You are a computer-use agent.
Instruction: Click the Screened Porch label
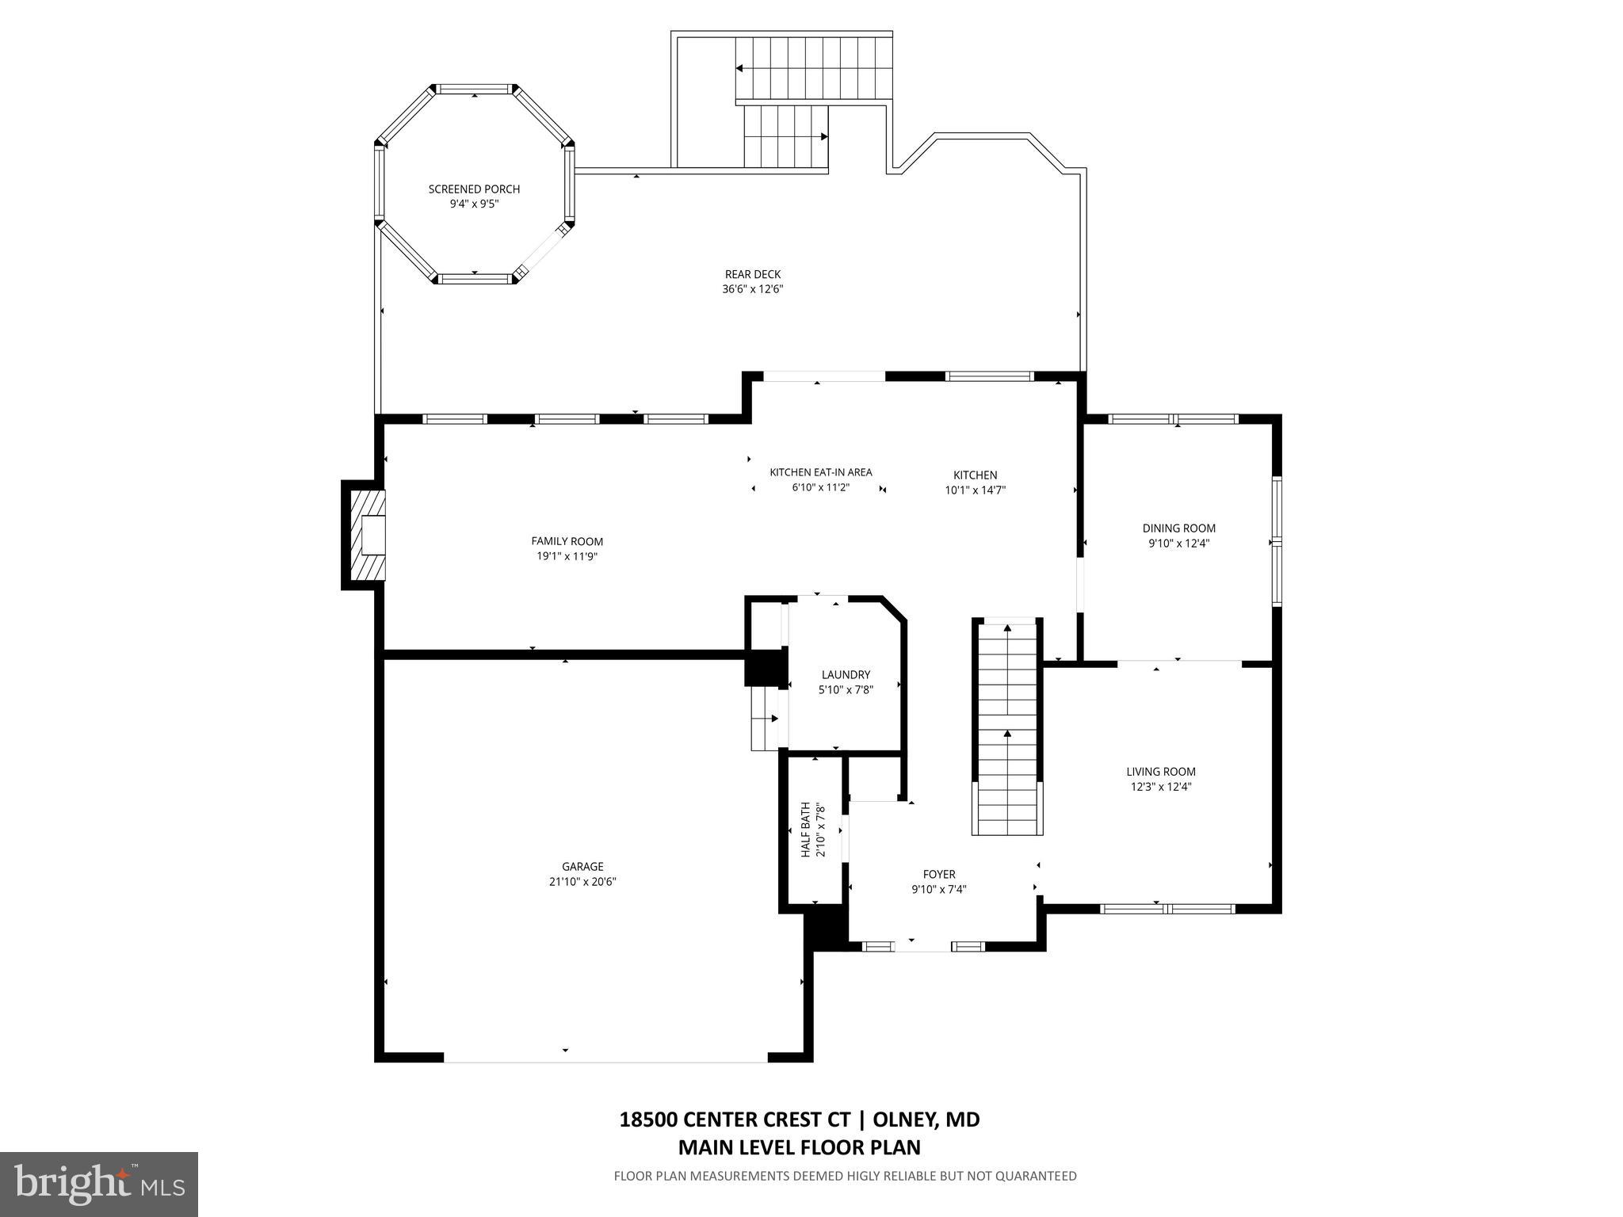[x=474, y=189]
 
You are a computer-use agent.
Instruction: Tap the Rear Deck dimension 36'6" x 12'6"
[x=752, y=289]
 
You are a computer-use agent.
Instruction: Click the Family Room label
[x=567, y=542]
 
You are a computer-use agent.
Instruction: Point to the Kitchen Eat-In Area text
[x=820, y=473]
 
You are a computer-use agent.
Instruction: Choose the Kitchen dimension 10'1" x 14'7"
[x=975, y=490]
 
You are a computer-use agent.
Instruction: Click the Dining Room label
[x=1178, y=528]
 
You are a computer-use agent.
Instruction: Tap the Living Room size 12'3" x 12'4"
[x=1161, y=787]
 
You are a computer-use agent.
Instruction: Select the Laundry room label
[x=846, y=675]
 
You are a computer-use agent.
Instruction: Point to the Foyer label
[x=939, y=875]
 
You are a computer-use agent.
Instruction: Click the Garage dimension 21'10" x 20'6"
[x=582, y=881]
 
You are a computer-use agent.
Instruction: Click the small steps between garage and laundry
[x=765, y=719]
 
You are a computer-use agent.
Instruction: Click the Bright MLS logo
[x=99, y=1184]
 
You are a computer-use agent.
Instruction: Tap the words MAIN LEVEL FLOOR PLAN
[x=799, y=1147]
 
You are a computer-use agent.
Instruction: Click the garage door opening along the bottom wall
[x=605, y=1057]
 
